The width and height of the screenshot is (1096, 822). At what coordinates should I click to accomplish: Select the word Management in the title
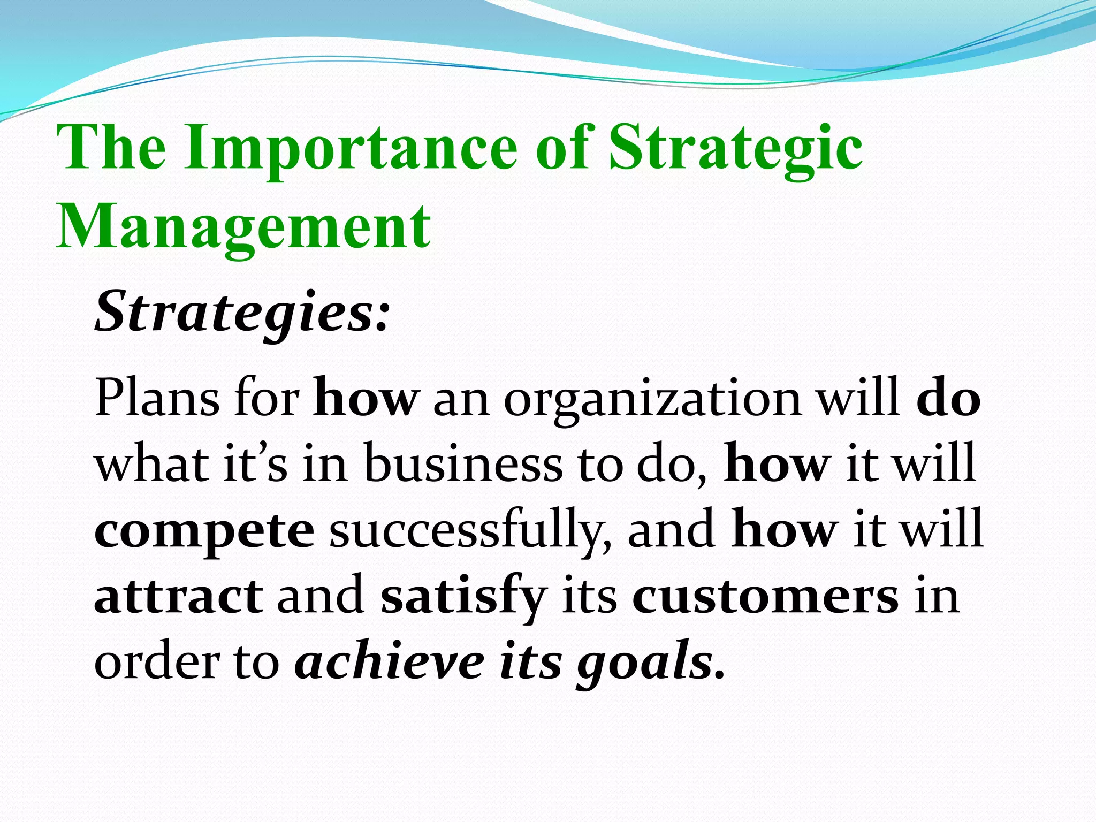[x=243, y=227]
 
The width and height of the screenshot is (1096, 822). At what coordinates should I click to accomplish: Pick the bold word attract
[x=178, y=597]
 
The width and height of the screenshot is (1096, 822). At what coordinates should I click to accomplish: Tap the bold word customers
[x=765, y=597]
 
